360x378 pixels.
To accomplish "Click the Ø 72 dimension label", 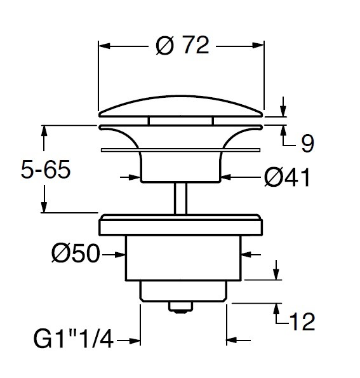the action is pos(182,45).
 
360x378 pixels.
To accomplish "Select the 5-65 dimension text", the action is pos(46,169).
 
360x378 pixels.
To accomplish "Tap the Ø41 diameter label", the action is pos(287,177).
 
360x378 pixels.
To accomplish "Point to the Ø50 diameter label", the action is pos(76,253).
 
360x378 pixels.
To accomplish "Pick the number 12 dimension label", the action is pos(303,321).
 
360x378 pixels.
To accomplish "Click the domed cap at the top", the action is pos(181,107).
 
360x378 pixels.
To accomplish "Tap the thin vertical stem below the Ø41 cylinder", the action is pos(181,198).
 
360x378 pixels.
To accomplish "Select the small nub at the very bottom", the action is pos(181,307).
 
